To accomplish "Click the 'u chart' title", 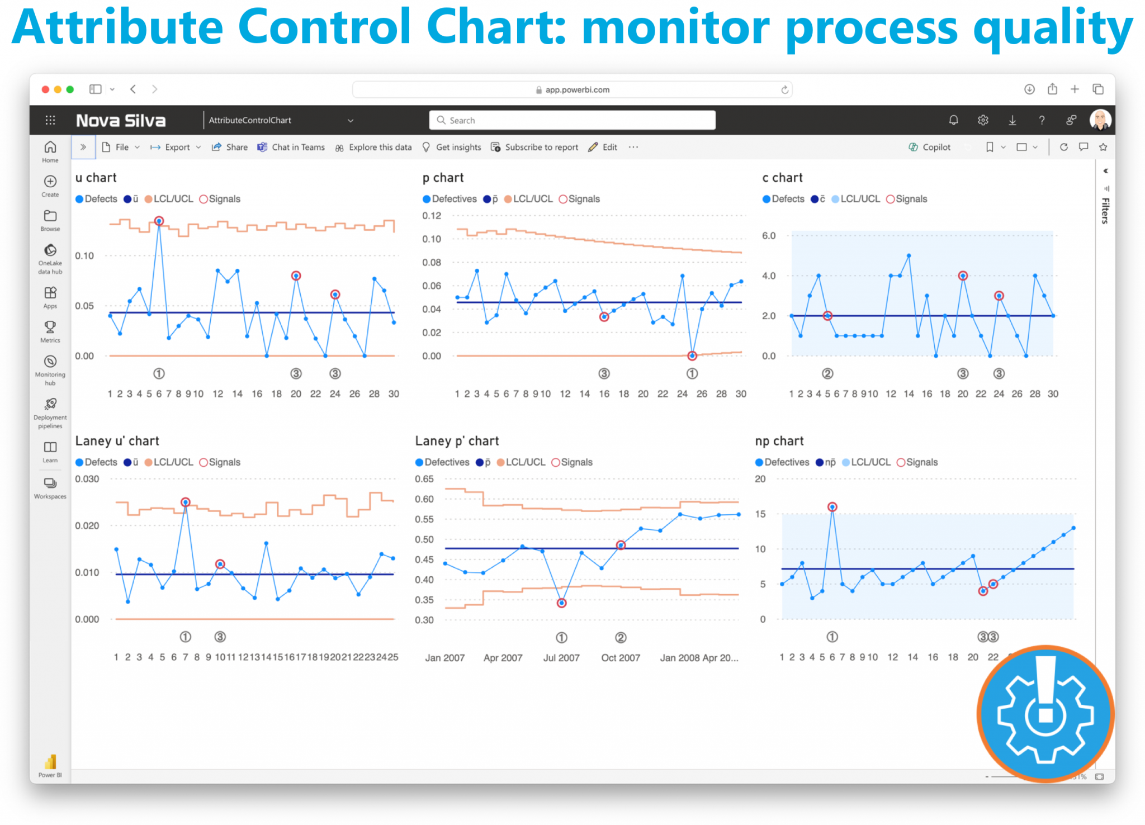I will (96, 178).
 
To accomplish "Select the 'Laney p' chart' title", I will (457, 441).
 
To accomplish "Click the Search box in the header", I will (572, 120).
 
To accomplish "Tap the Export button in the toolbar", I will (176, 147).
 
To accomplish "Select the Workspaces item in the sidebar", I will (50, 487).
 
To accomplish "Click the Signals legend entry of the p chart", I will (579, 199).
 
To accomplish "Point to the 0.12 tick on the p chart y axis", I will (432, 216).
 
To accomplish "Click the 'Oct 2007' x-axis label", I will (620, 658).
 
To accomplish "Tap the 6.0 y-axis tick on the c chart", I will (769, 235).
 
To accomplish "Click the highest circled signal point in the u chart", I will (159, 221).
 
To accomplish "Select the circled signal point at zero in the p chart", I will (692, 355).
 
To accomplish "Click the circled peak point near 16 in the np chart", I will (832, 507).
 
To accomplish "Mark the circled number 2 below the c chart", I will (827, 373).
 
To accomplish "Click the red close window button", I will (46, 89).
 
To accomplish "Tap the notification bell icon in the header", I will (954, 120).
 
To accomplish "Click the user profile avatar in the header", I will (1100, 120).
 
